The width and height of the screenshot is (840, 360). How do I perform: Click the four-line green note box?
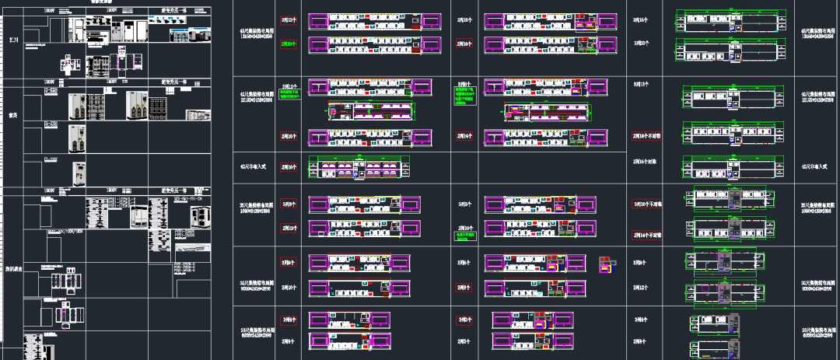click(464, 95)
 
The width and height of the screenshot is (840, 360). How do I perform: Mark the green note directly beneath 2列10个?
click(465, 234)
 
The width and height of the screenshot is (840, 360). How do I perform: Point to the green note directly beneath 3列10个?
click(289, 96)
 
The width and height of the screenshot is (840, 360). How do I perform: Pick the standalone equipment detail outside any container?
click(607, 265)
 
